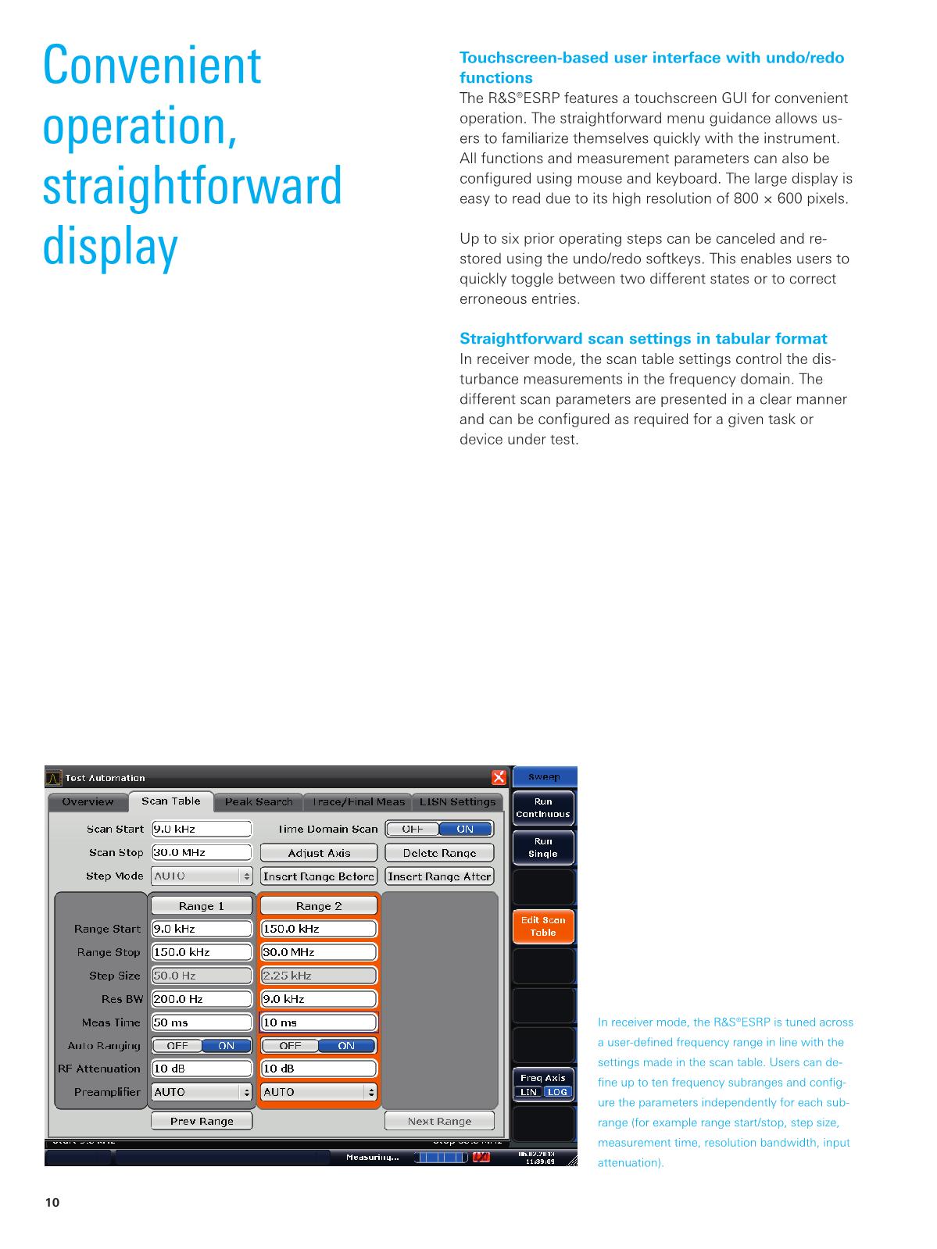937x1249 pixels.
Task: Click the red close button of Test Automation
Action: click(x=499, y=777)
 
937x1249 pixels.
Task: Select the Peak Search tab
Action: click(x=259, y=802)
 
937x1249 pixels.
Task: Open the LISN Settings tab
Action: click(x=457, y=802)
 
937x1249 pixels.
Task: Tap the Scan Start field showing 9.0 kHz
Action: click(x=202, y=829)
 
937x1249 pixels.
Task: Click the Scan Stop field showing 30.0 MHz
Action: click(x=202, y=852)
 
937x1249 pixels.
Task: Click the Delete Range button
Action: click(x=439, y=853)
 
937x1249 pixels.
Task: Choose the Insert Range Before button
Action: click(x=318, y=876)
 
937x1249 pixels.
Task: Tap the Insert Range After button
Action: click(x=439, y=876)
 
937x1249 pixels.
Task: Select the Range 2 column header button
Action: click(x=318, y=906)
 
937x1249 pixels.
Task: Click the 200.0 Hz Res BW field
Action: click(x=202, y=999)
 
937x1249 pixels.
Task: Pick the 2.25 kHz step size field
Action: click(x=318, y=976)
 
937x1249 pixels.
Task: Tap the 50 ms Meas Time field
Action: click(x=202, y=1022)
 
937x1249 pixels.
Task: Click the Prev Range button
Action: click(x=202, y=1121)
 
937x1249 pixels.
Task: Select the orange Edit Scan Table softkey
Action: click(x=543, y=926)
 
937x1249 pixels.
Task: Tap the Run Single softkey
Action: click(x=543, y=848)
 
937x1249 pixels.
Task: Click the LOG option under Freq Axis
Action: click(x=557, y=1092)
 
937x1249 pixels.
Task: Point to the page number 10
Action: click(x=52, y=1203)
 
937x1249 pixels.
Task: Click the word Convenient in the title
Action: click(x=152, y=66)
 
